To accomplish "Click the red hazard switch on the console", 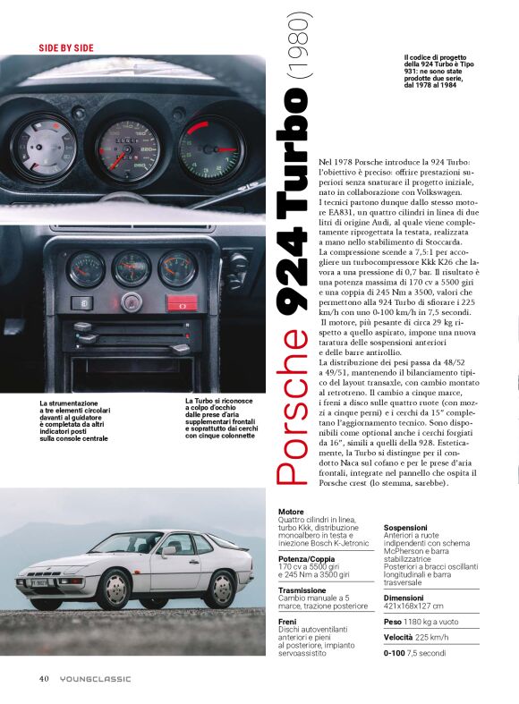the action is [183, 302].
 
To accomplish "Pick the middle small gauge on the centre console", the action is [131, 267].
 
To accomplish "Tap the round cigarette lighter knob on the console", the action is [132, 301].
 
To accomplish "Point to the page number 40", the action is [43, 678].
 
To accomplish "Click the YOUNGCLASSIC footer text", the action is [95, 678].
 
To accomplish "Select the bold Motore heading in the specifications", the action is [292, 512].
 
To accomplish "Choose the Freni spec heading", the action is [287, 621].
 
